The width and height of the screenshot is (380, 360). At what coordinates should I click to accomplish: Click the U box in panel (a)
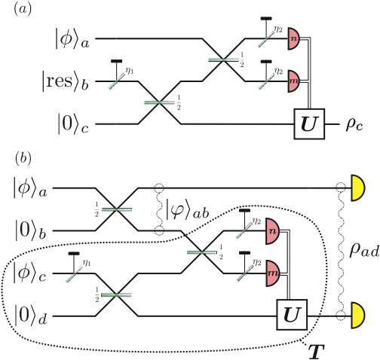(x=308, y=122)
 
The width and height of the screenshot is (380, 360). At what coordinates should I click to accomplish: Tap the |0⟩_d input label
(x=31, y=310)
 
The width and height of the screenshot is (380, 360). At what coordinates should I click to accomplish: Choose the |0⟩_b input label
(x=31, y=228)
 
